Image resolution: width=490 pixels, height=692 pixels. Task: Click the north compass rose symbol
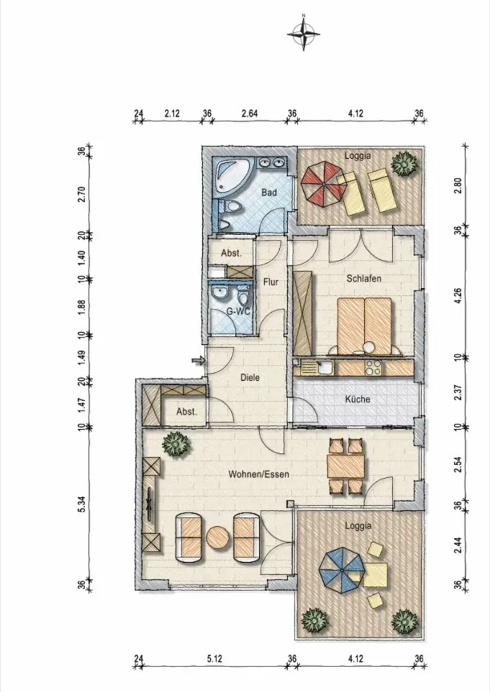(x=304, y=32)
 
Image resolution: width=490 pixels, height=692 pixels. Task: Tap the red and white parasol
(x=324, y=185)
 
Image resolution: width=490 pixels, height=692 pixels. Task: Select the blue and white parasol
(x=342, y=570)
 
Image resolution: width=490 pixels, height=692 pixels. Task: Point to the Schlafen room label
(x=363, y=279)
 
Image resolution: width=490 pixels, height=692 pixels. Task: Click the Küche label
(x=358, y=399)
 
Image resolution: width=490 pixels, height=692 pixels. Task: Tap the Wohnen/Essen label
(x=259, y=474)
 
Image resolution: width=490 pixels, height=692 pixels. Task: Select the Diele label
(x=250, y=378)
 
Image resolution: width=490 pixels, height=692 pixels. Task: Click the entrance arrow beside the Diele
(x=199, y=361)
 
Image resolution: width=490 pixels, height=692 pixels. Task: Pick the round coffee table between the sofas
(x=218, y=538)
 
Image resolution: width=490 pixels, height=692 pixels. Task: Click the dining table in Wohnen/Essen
(x=346, y=466)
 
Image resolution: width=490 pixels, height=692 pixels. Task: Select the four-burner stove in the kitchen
(x=373, y=367)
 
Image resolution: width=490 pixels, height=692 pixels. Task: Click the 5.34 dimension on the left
(x=81, y=504)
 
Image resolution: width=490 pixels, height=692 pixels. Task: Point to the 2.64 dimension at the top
(x=250, y=114)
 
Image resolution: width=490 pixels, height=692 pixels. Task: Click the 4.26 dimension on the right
(x=458, y=295)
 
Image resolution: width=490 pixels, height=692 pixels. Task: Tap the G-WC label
(x=239, y=311)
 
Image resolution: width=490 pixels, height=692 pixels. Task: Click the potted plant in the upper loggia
(x=404, y=164)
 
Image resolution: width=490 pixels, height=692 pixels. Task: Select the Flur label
(x=271, y=282)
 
